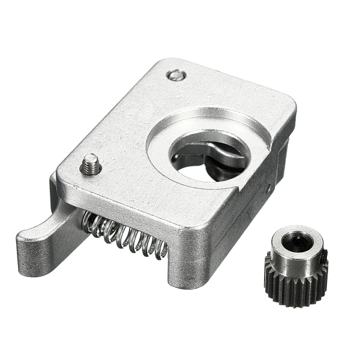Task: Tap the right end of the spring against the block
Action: pyautogui.click(x=161, y=249)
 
